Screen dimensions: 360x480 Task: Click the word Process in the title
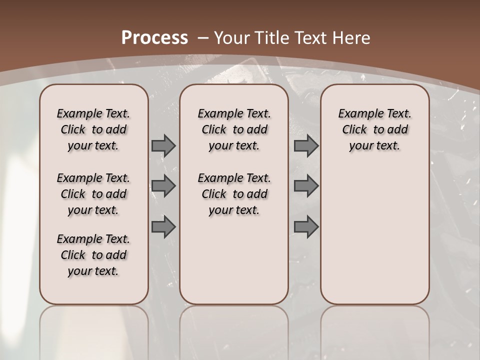click(154, 38)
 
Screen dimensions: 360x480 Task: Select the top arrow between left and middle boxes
click(163, 145)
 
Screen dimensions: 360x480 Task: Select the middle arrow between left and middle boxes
click(163, 186)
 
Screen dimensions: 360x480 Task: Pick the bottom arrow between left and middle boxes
click(163, 227)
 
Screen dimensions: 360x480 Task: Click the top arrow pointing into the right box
click(306, 145)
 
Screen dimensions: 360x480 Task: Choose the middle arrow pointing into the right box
click(306, 186)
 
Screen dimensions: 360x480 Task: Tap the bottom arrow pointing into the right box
click(306, 227)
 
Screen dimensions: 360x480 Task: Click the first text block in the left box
click(93, 129)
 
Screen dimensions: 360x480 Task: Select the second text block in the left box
click(93, 194)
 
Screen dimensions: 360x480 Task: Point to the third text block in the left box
click(93, 255)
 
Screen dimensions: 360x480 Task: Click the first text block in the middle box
click(234, 129)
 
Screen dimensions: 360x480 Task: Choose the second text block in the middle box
click(234, 194)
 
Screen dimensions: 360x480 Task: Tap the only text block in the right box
click(374, 129)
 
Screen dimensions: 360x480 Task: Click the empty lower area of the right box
click(374, 235)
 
